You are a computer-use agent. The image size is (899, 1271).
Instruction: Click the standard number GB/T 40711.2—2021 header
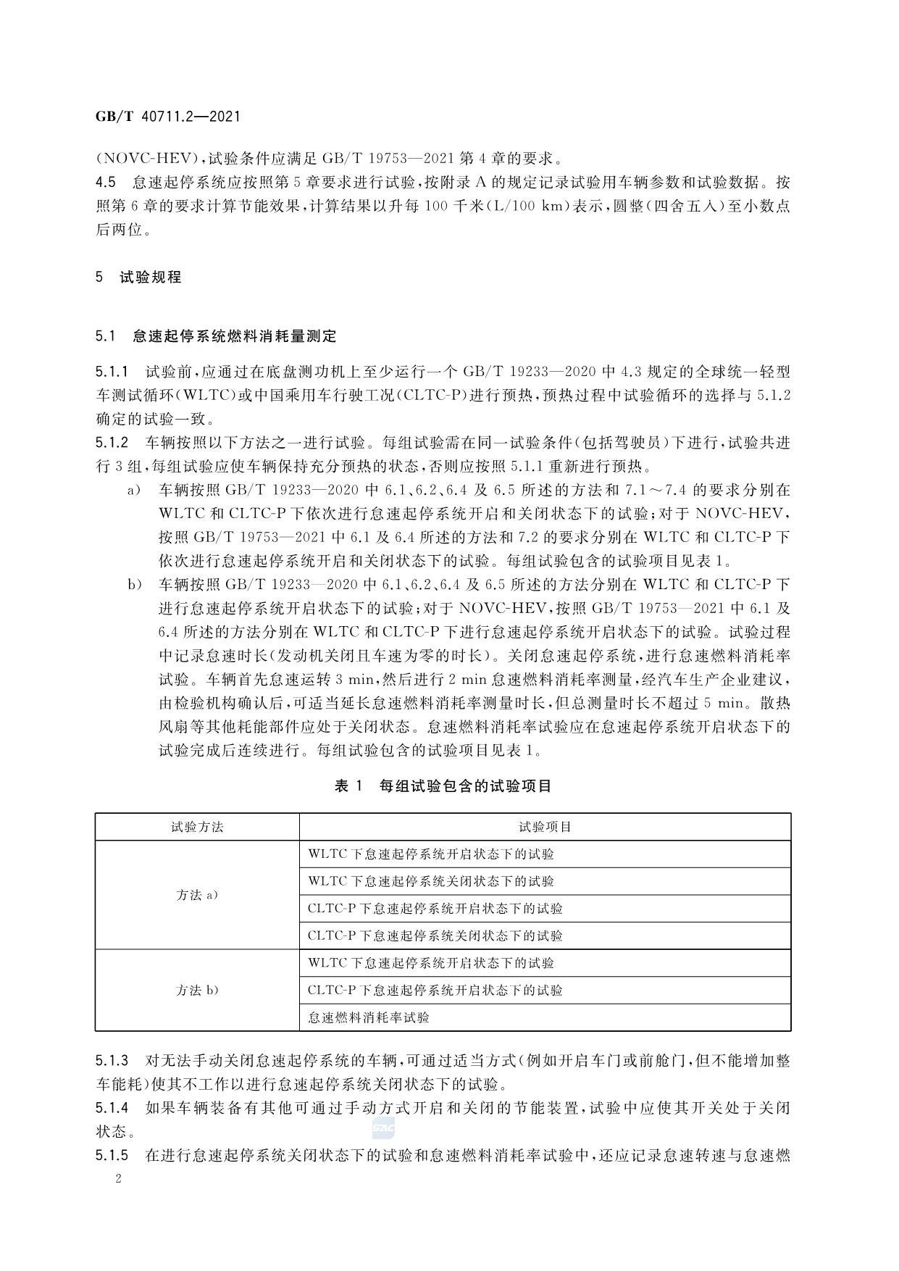[x=167, y=116]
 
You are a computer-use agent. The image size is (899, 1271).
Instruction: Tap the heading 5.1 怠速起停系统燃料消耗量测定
[x=216, y=336]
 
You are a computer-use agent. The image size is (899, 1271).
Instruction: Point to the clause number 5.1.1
[x=112, y=372]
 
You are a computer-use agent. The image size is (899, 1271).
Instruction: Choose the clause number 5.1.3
[x=112, y=1061]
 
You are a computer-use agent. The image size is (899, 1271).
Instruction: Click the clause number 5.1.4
[x=112, y=1108]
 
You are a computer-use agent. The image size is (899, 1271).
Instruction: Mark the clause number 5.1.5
[x=112, y=1155]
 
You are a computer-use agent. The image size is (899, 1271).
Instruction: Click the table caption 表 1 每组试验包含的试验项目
[x=443, y=785]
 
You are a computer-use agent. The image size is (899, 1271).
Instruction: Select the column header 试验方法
[x=197, y=827]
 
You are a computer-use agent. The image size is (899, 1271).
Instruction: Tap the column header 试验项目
[x=545, y=827]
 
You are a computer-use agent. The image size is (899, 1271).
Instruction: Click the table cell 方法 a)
[x=197, y=895]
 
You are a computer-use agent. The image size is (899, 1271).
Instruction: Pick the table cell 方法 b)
[x=197, y=990]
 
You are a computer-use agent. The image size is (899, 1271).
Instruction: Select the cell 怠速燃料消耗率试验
[x=369, y=1017]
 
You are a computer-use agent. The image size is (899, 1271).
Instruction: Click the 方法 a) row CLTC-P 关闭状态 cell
[x=435, y=935]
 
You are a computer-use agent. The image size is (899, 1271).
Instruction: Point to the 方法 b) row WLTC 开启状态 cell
[x=431, y=963]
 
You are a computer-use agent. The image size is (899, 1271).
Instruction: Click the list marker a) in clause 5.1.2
[x=133, y=491]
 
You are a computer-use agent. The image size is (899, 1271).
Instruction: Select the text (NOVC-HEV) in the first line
[x=148, y=157]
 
